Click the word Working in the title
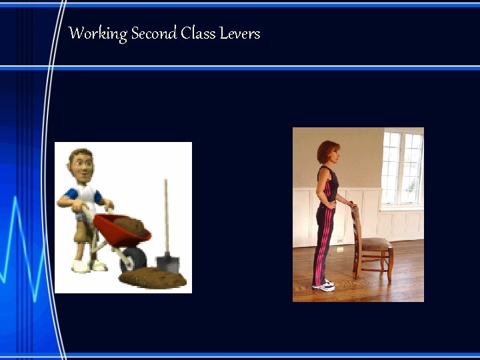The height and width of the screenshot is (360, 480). [x=98, y=34]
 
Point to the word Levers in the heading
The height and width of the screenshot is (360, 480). [x=239, y=33]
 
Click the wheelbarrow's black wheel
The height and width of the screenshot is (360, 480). [x=133, y=260]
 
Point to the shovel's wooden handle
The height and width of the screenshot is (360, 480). [x=166, y=213]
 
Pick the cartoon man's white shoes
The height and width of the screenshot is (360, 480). [x=89, y=266]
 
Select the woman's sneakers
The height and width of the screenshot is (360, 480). [x=324, y=285]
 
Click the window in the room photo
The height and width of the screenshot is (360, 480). [x=402, y=167]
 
